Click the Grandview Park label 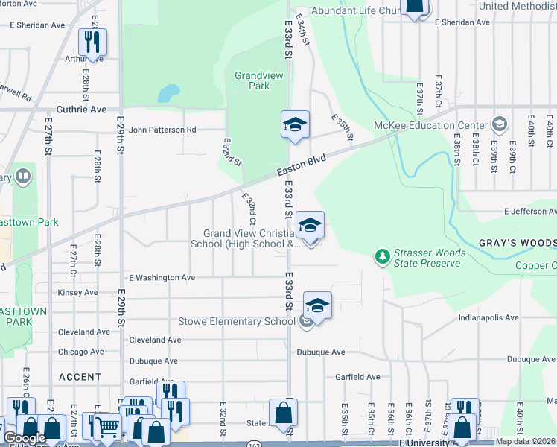[x=252, y=80]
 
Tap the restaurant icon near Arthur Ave [x=92, y=44]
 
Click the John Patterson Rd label [x=162, y=130]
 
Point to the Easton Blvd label [x=302, y=166]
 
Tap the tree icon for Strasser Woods [x=383, y=257]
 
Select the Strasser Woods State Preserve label [x=430, y=258]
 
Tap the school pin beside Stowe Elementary [x=317, y=306]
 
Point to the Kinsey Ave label [x=77, y=293]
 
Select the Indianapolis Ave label [x=488, y=317]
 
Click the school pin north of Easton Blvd [x=294, y=124]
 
